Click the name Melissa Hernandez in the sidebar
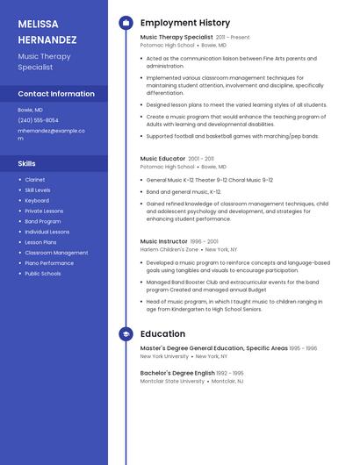tap(47, 32)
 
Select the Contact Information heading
tap(56, 94)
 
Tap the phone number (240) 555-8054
tap(39, 120)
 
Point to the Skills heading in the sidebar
tap(27, 164)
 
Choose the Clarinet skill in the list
tap(35, 180)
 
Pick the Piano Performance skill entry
tap(49, 263)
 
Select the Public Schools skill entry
tap(43, 274)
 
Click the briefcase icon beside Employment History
tap(126, 23)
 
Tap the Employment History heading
tap(185, 23)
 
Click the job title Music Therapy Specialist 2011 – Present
tap(195, 38)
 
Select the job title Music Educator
tap(162, 159)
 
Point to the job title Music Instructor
tap(164, 241)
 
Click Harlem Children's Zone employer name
tap(169, 249)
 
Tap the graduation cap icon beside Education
tap(126, 334)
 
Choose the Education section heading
tap(162, 334)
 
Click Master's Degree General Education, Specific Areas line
tap(214, 348)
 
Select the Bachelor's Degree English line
tap(177, 373)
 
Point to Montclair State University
tap(172, 382)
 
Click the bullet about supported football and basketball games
tap(233, 136)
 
